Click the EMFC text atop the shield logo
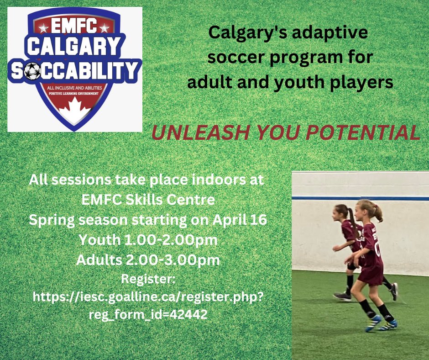(x=74, y=26)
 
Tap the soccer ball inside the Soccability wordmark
(x=32, y=71)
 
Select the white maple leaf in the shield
(x=75, y=109)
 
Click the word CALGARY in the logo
(x=75, y=48)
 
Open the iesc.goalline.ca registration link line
(x=148, y=297)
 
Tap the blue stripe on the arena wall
(x=319, y=198)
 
